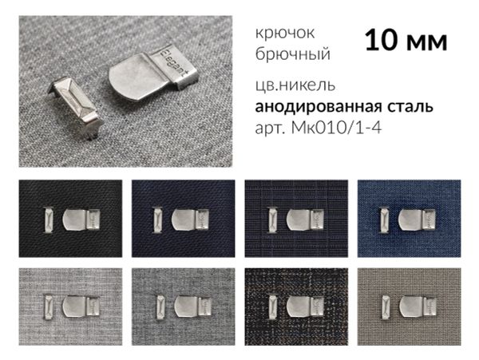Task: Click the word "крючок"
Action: (x=285, y=34)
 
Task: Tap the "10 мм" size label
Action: (x=406, y=42)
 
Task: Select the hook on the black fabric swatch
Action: (x=78, y=218)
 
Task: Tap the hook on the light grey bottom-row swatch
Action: (x=78, y=305)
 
